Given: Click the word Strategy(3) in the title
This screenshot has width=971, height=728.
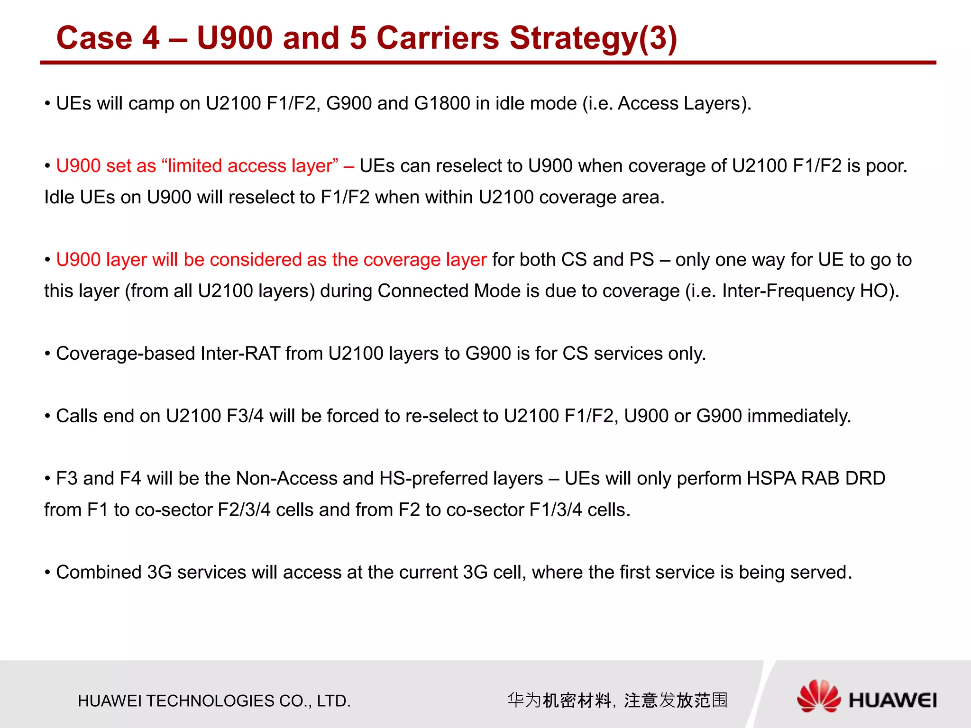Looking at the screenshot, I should tap(593, 38).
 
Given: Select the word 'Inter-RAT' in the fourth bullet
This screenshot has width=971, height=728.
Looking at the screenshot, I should tap(240, 354).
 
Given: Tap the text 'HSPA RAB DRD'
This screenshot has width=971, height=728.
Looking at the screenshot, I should tap(816, 479).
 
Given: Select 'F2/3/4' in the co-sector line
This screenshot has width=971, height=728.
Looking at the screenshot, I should tap(244, 510).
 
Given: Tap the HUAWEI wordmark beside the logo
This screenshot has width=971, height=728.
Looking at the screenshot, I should tap(892, 701).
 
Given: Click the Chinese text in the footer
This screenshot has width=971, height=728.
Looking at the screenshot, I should tap(617, 700).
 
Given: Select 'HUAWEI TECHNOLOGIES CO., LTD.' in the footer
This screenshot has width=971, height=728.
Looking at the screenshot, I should tap(214, 701).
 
